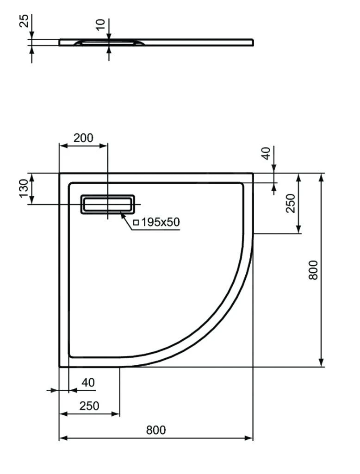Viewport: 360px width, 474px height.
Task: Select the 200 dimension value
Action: (x=83, y=137)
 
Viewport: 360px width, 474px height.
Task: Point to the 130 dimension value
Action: (x=24, y=188)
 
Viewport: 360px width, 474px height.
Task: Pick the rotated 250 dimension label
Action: (x=291, y=203)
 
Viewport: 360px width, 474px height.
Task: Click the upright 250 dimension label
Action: (x=88, y=406)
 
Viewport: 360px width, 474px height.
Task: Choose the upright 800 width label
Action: (x=156, y=430)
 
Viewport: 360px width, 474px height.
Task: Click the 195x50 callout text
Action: (x=160, y=222)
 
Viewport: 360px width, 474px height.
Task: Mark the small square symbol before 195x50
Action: (x=136, y=223)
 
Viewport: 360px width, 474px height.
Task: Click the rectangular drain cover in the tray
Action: (x=108, y=204)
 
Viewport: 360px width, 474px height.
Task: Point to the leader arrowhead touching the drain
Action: (x=123, y=212)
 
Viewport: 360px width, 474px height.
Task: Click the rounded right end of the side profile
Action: (x=252, y=42)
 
